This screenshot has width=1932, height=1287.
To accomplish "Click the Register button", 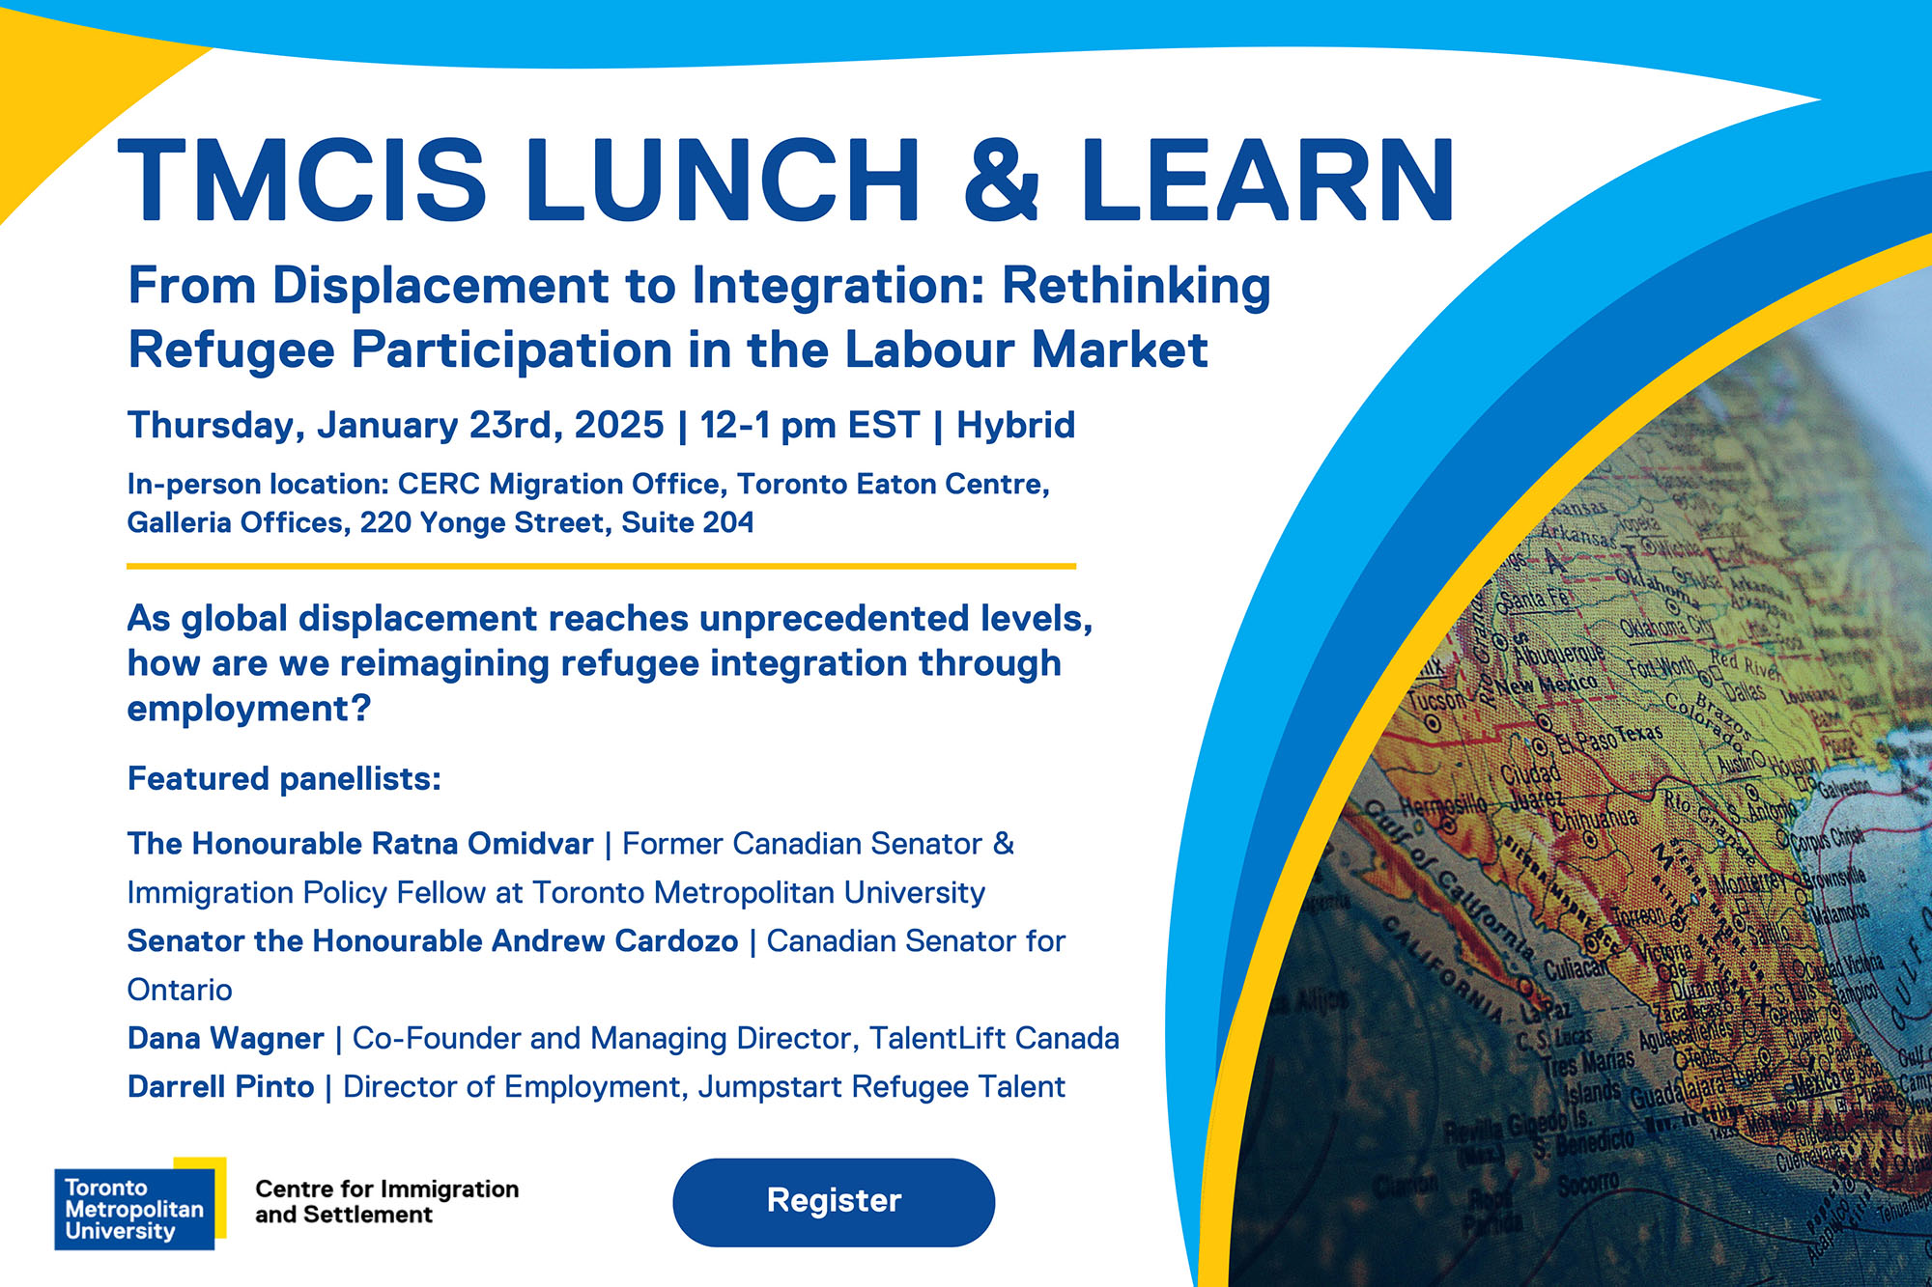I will pos(834,1201).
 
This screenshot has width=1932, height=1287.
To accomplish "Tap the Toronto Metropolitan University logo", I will pos(135,1208).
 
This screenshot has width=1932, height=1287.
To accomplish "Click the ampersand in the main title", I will pos(1002,180).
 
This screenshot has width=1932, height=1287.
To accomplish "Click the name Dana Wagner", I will pos(225,1039).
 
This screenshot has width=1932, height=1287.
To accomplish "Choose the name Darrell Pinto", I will pos(220,1087).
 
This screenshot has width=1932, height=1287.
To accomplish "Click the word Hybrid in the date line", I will pos(1015,426).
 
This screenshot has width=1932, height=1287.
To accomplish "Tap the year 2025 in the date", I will pos(619,426).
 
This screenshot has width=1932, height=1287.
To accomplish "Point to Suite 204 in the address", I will pos(687,522).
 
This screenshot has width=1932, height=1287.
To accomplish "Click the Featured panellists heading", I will pos(284,779).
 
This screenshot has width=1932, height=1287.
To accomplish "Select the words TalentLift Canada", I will pos(994,1039).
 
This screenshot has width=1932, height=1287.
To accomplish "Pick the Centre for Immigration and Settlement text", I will pos(386,1202).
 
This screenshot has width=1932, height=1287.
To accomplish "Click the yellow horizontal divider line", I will pos(601,566).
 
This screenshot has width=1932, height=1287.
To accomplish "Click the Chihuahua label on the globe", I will pos(1594,819).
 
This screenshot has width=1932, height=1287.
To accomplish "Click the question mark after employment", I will pos(361,710).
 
